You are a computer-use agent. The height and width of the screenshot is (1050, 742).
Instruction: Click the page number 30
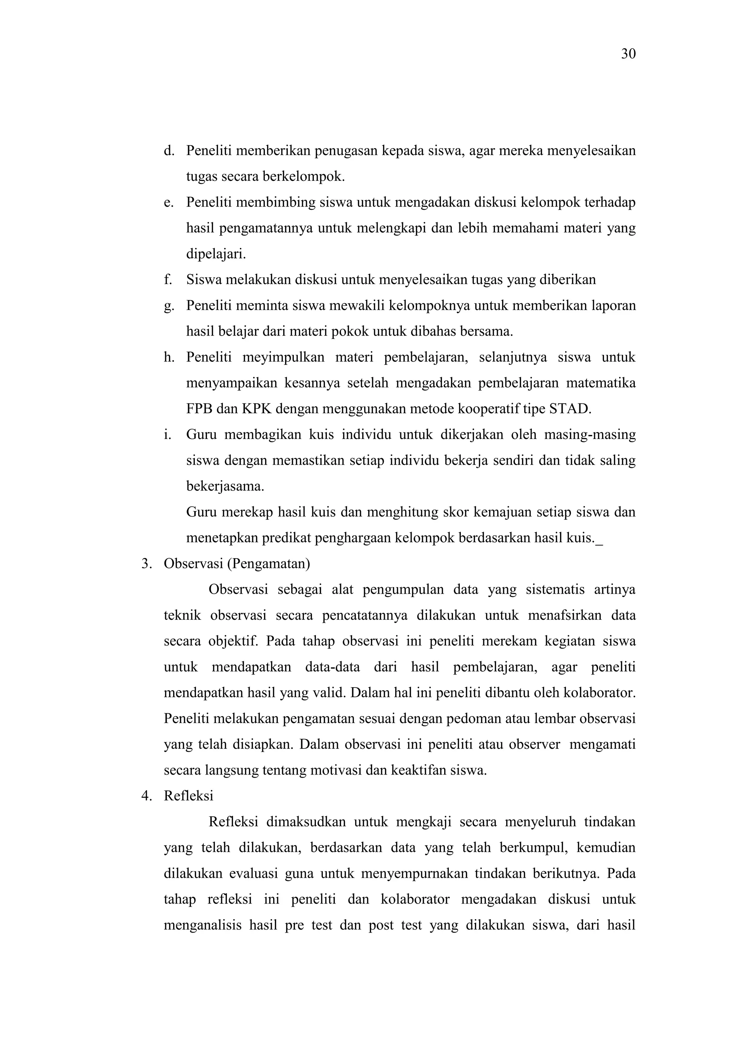click(x=628, y=54)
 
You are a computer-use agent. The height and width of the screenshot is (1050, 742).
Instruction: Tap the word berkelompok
click(x=303, y=177)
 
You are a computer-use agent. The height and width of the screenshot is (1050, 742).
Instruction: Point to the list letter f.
click(x=167, y=279)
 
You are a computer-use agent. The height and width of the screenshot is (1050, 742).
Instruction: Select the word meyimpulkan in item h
click(x=283, y=357)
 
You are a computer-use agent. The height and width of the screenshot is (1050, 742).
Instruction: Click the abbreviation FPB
click(x=199, y=409)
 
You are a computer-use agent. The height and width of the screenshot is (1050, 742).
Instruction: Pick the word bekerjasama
click(x=225, y=486)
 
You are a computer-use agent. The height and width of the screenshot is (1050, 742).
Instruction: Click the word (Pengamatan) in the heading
click(x=268, y=564)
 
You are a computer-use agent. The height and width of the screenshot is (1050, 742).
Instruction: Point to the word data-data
click(x=332, y=667)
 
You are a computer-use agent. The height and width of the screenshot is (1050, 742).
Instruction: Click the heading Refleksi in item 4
click(x=188, y=796)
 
